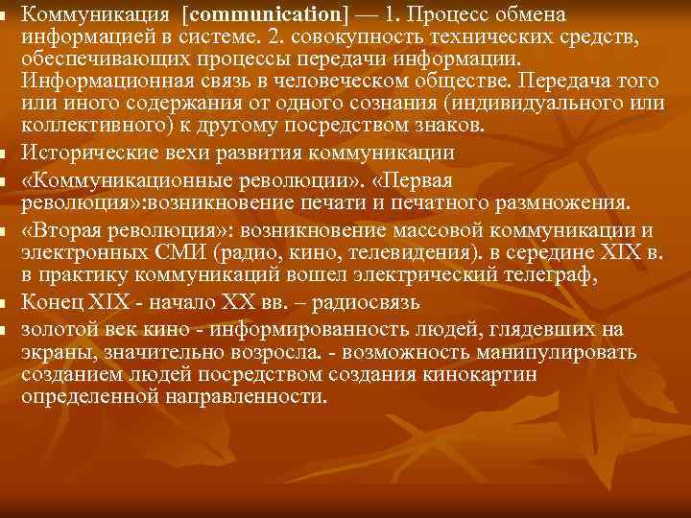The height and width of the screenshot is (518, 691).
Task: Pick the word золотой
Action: point(54,330)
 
